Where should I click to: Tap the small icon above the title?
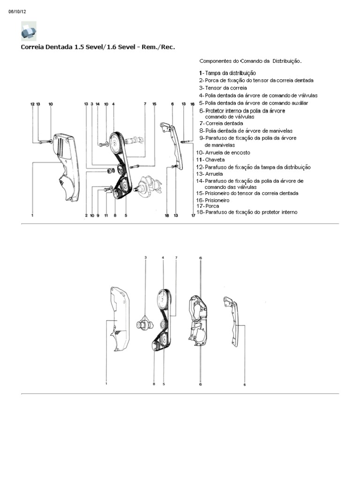click(29, 31)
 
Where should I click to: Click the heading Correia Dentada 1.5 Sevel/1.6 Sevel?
click(98, 47)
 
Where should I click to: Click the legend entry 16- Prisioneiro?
click(214, 200)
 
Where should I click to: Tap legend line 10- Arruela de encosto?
click(224, 152)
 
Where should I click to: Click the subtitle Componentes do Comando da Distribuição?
click(251, 61)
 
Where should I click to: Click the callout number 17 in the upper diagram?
click(193, 216)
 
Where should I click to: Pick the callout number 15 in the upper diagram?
click(154, 104)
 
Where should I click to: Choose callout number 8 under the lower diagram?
click(154, 384)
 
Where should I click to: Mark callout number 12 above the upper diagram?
click(32, 104)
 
